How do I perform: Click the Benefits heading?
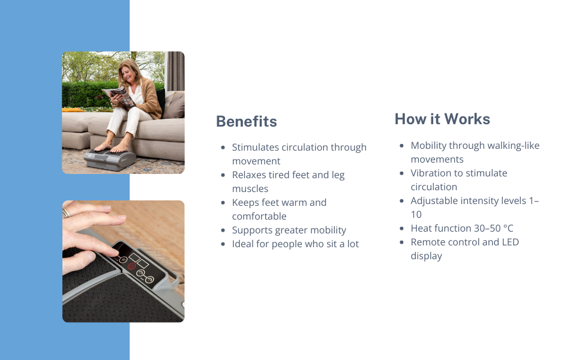pos(246,122)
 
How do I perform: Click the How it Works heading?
pos(442,119)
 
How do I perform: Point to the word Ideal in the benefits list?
pos(244,244)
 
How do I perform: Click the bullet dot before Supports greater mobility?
pos(223,230)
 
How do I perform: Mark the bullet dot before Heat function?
pos(402,229)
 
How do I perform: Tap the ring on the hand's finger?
pos(66,213)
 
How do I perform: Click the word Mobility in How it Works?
pos(428,146)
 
